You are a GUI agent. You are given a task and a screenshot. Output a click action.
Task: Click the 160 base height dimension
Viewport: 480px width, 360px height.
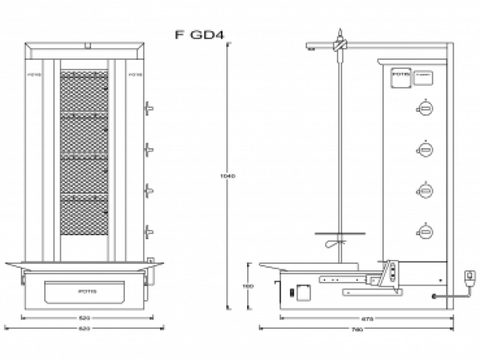[x=249, y=285]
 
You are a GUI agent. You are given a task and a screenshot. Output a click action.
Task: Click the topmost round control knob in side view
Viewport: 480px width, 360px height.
[x=426, y=110]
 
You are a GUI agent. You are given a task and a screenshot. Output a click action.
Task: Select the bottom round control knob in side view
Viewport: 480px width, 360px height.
[x=426, y=232]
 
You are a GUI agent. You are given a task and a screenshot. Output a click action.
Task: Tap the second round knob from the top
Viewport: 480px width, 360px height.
[x=426, y=150]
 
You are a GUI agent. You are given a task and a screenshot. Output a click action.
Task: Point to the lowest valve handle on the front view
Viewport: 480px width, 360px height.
[x=149, y=232]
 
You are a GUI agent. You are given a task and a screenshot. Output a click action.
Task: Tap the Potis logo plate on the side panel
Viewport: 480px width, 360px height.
[x=399, y=77]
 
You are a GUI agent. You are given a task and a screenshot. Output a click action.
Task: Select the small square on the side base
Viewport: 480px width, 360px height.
[x=303, y=293]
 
